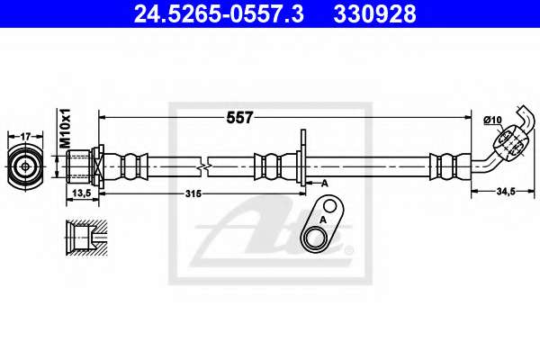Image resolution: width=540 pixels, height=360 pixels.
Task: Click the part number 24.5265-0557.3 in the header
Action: point(219,13)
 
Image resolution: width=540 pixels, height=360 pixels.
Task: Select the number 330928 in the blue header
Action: point(374,13)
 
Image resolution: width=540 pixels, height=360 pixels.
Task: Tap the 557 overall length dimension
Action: point(239,118)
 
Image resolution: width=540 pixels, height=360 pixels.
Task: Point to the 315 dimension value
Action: point(193,194)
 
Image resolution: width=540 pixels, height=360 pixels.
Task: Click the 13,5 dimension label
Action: point(82,193)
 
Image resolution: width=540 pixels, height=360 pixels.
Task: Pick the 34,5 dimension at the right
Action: point(506,191)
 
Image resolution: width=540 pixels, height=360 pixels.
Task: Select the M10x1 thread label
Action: point(65,128)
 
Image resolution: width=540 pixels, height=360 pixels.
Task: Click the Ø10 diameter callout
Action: point(492,121)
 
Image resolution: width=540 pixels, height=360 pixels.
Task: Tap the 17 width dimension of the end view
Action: point(25,137)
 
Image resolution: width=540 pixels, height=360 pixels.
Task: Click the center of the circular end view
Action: point(25,167)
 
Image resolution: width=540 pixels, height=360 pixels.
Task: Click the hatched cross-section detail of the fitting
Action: point(86,238)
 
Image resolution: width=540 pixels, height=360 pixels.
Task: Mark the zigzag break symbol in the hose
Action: point(204,167)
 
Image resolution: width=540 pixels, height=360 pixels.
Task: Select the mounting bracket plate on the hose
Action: point(303,157)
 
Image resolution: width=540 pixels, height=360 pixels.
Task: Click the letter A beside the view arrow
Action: point(324,184)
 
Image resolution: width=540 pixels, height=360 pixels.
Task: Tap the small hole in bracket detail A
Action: point(330,206)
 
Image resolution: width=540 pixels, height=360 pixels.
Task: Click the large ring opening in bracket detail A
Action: point(314,238)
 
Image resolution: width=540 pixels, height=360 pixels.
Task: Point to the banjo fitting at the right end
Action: point(509,141)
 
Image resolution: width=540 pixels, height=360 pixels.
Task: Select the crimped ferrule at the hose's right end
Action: point(450,166)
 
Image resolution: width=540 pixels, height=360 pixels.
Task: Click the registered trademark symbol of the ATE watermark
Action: point(349,250)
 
